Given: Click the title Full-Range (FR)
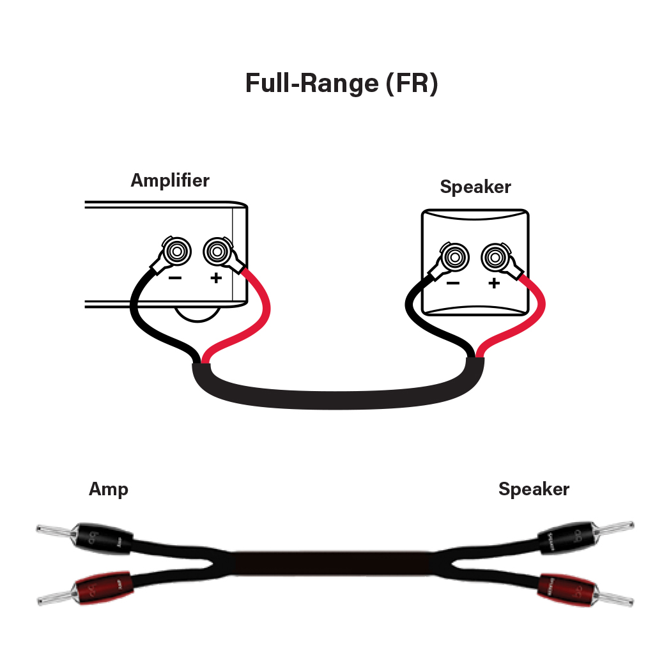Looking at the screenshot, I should pyautogui.click(x=341, y=84).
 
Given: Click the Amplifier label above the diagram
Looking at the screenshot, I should pyautogui.click(x=170, y=180).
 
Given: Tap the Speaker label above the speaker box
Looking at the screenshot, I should pyautogui.click(x=475, y=187).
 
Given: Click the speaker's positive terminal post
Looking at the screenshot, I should pyautogui.click(x=494, y=258).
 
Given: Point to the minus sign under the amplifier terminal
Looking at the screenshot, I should pyautogui.click(x=175, y=278).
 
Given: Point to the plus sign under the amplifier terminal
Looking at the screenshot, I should pyautogui.click(x=216, y=278).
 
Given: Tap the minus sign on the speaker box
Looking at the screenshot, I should pyautogui.click(x=453, y=283).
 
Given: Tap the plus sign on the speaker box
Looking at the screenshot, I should pyautogui.click(x=494, y=283).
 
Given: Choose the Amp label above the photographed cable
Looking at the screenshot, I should pyautogui.click(x=109, y=490).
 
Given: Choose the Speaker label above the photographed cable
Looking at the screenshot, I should pyautogui.click(x=534, y=490).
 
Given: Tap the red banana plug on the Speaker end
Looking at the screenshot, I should pyautogui.click(x=566, y=588).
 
